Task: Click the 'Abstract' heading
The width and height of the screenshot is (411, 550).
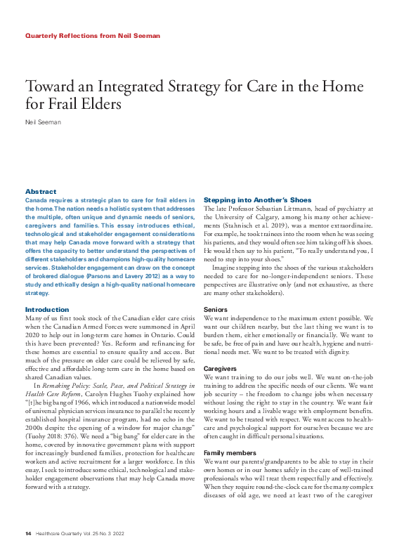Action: (x=41, y=192)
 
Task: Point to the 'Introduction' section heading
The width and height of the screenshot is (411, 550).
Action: (x=47, y=310)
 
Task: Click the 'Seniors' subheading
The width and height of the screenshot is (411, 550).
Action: (x=215, y=309)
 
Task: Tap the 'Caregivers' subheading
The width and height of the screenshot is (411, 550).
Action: (x=220, y=368)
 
